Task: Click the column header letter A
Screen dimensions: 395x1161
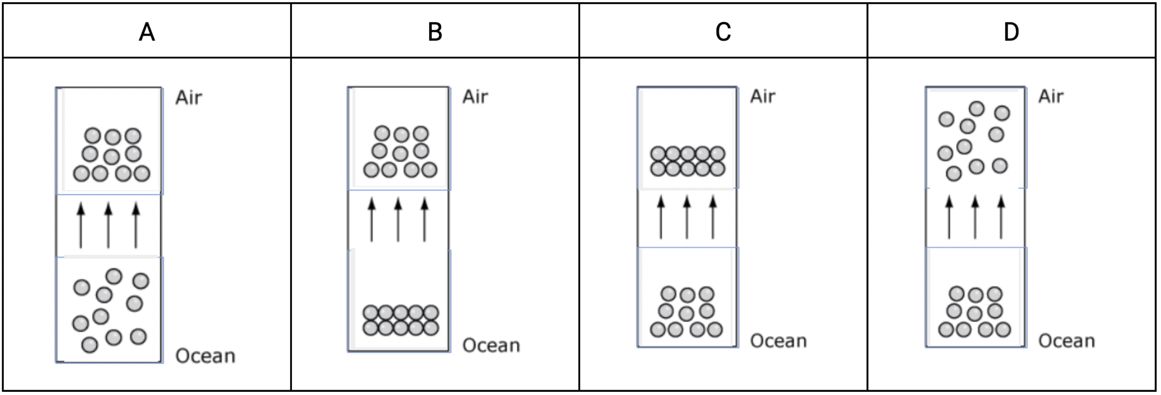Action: point(147,32)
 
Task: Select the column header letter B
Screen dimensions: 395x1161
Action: point(435,32)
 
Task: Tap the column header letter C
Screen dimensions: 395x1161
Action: point(723,32)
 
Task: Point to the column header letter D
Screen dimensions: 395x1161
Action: point(1011,32)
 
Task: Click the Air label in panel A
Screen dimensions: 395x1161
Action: point(189,98)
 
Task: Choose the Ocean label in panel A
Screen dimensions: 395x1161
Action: point(205,356)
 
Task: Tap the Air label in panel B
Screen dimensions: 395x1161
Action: point(475,97)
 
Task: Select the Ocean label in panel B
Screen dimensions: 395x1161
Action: point(491,345)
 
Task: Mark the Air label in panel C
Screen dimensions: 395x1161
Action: point(763,96)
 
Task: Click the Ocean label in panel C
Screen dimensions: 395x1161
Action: point(778,341)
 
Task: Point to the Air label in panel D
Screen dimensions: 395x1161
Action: point(1051,96)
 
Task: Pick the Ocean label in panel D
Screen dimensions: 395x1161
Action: point(1067,341)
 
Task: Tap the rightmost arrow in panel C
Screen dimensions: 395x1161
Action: point(713,217)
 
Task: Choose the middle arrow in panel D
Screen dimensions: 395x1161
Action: point(975,217)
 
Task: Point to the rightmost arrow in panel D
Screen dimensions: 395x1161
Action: point(1001,217)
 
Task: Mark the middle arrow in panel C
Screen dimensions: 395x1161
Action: point(687,217)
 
